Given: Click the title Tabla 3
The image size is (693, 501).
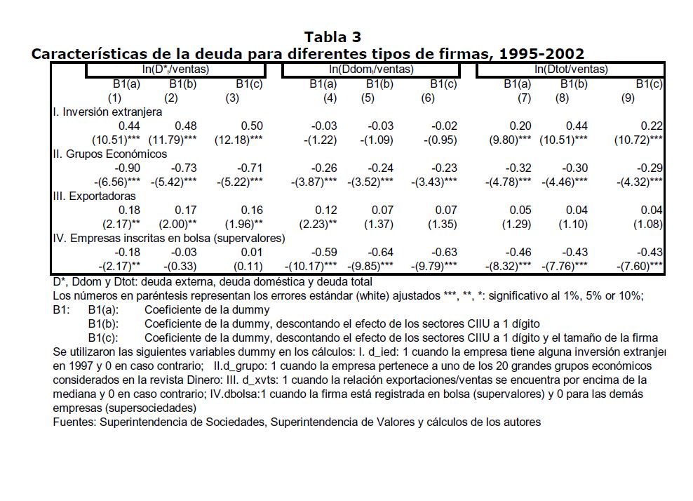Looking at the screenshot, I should point(332,36).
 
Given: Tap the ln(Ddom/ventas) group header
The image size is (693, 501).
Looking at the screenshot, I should point(371,69).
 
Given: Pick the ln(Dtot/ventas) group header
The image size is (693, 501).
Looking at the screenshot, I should point(571,69).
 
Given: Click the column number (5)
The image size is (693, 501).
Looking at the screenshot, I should point(368,98).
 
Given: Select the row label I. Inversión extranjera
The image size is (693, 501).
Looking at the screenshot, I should point(107,112).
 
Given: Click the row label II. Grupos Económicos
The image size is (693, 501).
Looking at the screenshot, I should point(110,154).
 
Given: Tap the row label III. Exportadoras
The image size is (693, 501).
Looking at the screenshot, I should point(94,196).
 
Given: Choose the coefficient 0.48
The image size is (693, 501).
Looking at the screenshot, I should point(184,126).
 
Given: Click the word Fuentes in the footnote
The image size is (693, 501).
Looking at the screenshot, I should point(74,422).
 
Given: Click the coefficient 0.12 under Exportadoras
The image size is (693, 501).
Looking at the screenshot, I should point(327,211).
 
